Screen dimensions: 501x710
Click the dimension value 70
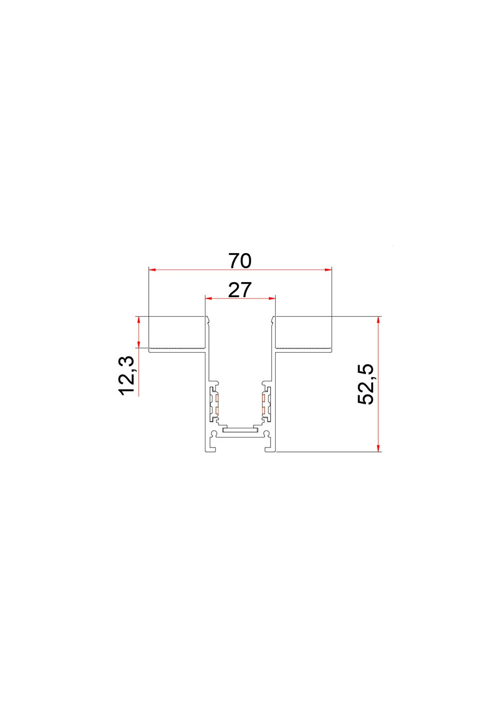tap(240, 261)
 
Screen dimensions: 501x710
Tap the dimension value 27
tap(239, 290)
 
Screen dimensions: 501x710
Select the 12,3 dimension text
tap(126, 376)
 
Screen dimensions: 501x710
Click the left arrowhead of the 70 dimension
tap(152, 270)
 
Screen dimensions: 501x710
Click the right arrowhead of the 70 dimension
tap(328, 270)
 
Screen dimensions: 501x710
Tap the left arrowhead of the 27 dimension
tap(209, 298)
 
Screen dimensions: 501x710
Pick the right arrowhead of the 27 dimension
tap(272, 298)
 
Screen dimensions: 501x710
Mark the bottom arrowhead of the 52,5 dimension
tap(378, 447)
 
